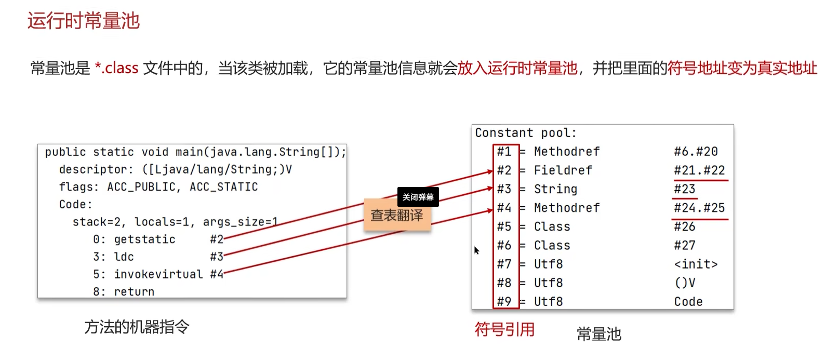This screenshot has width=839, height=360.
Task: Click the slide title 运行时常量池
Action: point(84,21)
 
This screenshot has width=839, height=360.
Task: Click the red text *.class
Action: point(116,68)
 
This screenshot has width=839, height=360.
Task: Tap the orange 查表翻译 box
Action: point(397,215)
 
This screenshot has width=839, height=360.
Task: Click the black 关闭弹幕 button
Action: point(418,197)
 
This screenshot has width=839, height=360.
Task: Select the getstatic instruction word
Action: point(144,239)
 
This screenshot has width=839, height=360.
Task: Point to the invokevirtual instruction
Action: point(158,274)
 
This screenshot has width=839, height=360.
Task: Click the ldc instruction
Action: point(124,257)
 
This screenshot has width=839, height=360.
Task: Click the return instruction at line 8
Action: point(134,291)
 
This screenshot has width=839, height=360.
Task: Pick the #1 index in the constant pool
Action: point(504,152)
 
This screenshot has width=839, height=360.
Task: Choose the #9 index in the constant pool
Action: point(504,301)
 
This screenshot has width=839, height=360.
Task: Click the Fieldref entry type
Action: point(563,170)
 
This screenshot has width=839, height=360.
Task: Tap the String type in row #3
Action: point(555,189)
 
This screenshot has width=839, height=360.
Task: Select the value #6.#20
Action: point(696,152)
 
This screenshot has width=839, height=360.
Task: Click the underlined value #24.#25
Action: point(699,208)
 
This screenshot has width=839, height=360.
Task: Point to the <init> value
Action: point(696,264)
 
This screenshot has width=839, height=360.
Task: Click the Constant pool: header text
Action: point(525,133)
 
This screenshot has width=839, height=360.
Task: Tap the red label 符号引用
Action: point(504,329)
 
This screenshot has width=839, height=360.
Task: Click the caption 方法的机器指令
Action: point(137,327)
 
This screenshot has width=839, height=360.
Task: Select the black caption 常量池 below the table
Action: point(599,334)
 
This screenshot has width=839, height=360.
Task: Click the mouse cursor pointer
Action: point(476,250)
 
